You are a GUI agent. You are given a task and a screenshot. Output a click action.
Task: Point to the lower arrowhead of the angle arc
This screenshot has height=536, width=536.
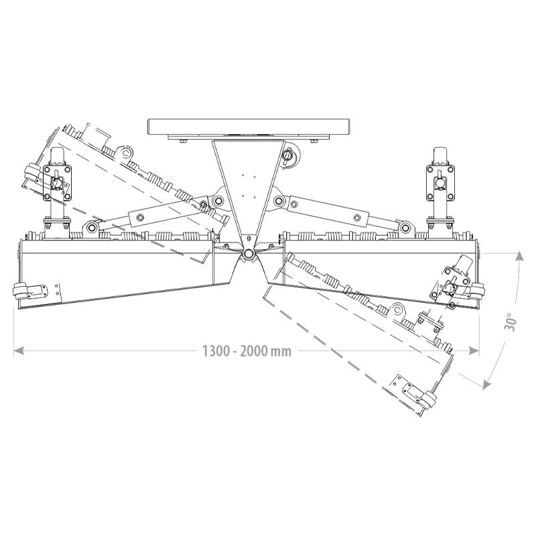click(x=487, y=383)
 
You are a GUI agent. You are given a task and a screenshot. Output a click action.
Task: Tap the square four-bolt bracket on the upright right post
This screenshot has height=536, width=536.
click(x=440, y=181)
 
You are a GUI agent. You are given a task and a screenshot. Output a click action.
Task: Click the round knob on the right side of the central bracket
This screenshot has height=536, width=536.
click(x=289, y=156)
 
